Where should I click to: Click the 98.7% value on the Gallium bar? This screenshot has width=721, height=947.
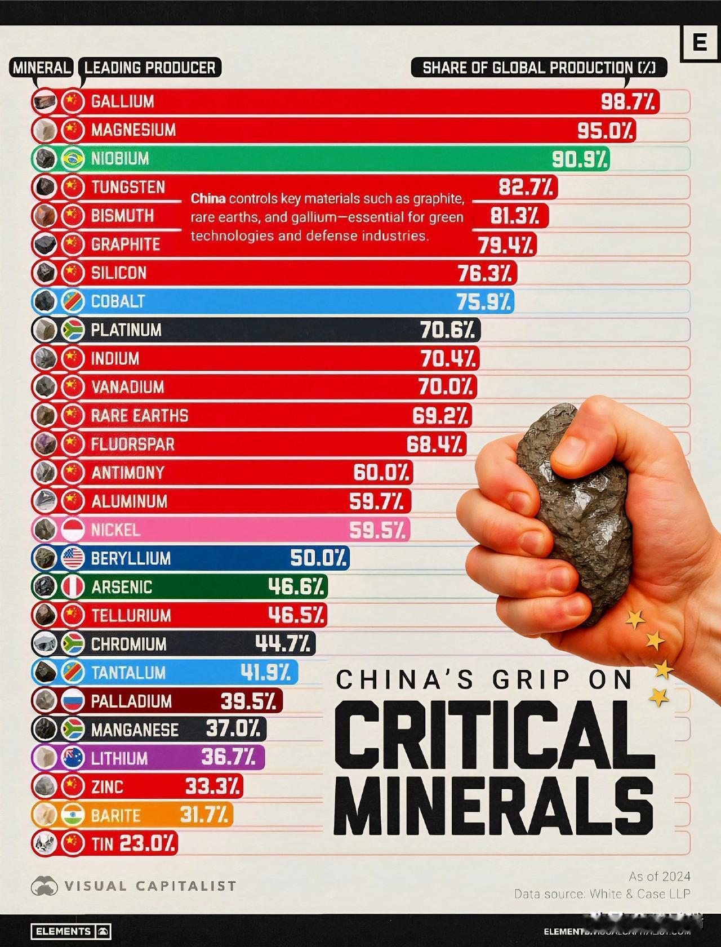click(627, 102)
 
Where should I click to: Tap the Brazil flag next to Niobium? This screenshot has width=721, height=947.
click(72, 159)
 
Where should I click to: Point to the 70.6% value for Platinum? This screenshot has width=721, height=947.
click(447, 330)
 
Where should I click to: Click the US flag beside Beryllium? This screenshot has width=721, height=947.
click(72, 558)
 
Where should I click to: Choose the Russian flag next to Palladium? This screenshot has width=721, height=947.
click(72, 701)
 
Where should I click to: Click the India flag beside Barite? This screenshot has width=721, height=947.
click(72, 815)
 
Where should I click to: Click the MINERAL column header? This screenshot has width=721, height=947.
click(42, 68)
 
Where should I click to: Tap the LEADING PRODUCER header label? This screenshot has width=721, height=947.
click(150, 68)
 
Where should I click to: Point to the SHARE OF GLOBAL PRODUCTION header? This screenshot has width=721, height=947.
click(539, 68)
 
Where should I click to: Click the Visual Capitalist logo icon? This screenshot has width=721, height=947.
click(44, 886)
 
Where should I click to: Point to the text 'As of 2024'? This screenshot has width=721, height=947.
click(659, 877)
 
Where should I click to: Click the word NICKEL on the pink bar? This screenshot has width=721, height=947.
click(115, 530)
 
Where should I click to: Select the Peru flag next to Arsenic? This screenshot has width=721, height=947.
click(72, 587)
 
